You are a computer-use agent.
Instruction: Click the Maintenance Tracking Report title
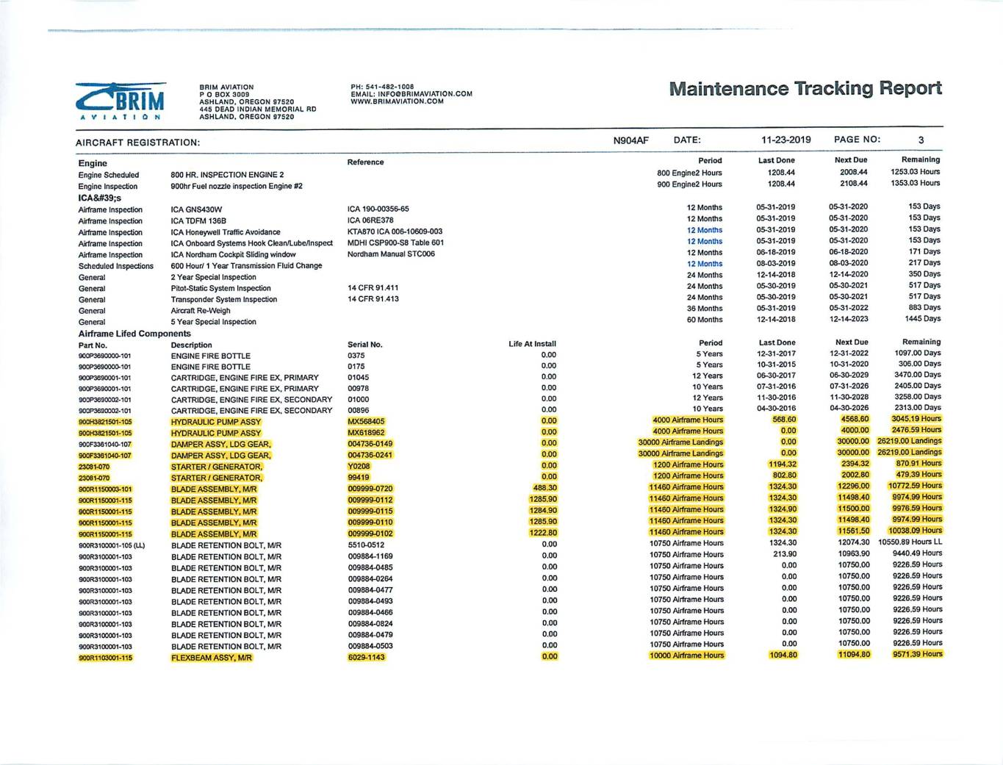coord(805,89)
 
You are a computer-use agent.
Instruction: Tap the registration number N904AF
coord(630,140)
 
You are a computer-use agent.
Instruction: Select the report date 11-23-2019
coord(785,140)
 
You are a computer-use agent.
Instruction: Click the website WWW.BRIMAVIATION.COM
coord(397,101)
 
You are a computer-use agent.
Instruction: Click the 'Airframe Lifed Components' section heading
coord(134,334)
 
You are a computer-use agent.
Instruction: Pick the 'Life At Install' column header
coord(532,344)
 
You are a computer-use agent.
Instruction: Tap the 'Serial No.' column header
coord(364,344)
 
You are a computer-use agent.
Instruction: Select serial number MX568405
coord(366,422)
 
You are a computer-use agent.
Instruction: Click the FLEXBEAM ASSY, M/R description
coord(212,658)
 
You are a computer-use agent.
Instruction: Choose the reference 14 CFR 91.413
coord(373,299)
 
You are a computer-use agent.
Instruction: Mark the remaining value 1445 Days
coord(922,319)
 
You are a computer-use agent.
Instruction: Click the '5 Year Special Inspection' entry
coord(213,322)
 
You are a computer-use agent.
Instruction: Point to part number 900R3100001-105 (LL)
coord(112,545)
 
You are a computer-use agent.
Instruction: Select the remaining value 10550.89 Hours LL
coord(910,542)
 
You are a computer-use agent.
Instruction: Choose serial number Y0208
coord(359,466)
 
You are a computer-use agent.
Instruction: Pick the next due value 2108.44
coord(853,184)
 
